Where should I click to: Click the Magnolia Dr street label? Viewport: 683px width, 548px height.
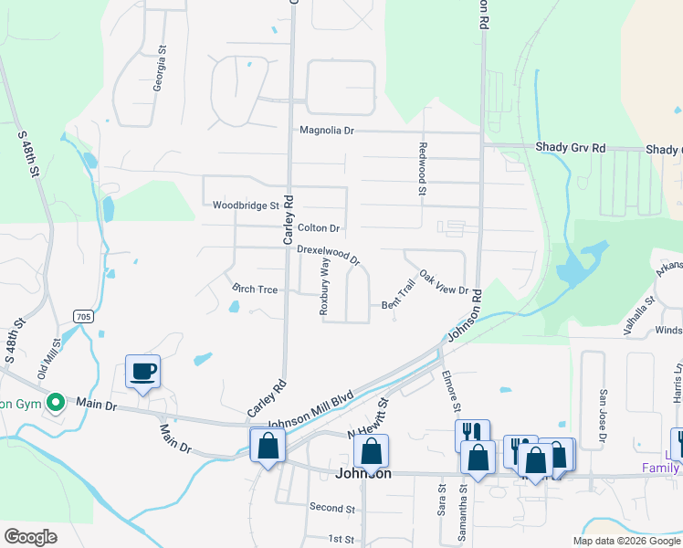coord(326,131)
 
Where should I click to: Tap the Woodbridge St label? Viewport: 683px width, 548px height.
coord(246,205)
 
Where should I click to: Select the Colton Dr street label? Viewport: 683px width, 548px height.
coord(318,227)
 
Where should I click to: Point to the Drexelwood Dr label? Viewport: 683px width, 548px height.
coord(328,254)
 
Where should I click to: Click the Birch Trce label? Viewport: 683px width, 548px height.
coord(255,289)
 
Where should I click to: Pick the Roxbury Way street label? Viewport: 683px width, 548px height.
coord(324,286)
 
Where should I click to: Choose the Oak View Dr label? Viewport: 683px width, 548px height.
coord(444,282)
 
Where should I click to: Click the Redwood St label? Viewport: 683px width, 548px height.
coord(423,169)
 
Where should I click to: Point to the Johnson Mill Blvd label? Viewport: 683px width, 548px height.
coord(310,412)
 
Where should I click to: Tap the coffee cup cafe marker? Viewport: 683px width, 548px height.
coord(142,371)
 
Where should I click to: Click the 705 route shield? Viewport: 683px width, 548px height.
coord(83,316)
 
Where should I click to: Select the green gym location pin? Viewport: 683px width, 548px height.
coord(55,402)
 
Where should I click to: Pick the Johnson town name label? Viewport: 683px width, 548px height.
coord(363,473)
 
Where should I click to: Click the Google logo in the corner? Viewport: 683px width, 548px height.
coord(31,536)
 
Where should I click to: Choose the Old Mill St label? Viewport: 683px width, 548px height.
coord(48,360)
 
